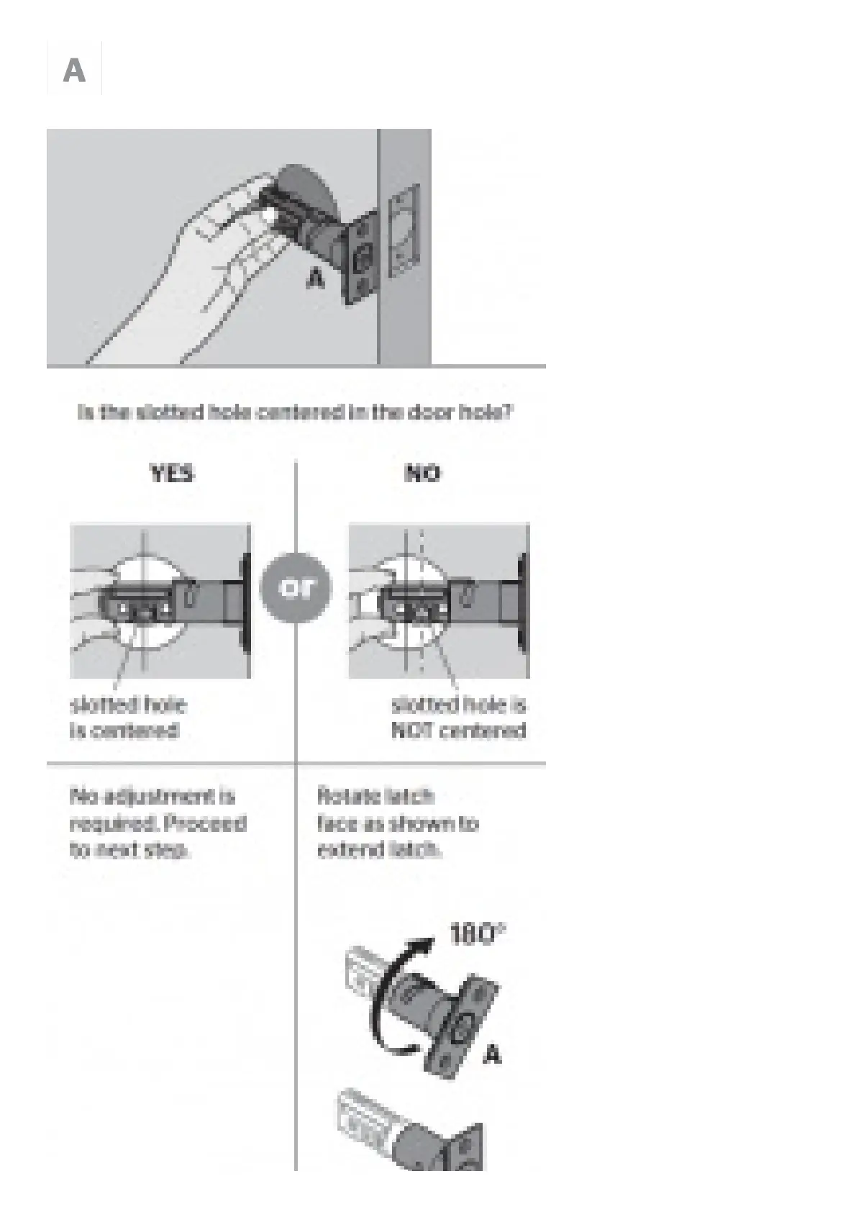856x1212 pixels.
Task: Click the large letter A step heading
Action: [74, 71]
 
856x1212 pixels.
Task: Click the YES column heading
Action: [171, 474]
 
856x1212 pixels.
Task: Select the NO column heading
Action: [422, 474]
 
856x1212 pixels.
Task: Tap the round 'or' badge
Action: [296, 587]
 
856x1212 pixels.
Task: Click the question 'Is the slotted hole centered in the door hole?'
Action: [295, 412]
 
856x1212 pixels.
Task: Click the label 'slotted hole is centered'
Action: [127, 718]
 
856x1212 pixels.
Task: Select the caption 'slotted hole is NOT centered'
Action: [458, 718]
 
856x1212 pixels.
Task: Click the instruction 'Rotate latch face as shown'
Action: [397, 823]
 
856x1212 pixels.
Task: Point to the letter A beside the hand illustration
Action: [314, 278]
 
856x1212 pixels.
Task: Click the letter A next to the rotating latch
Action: [491, 1055]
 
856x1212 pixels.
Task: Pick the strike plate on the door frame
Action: [404, 230]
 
